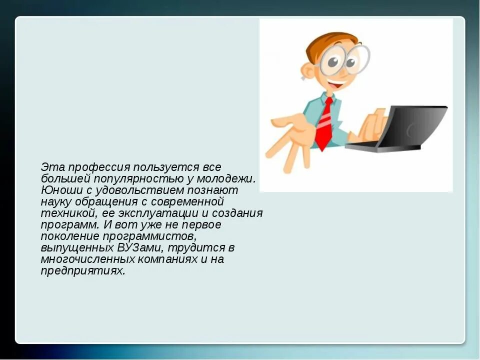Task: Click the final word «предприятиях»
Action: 82,271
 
